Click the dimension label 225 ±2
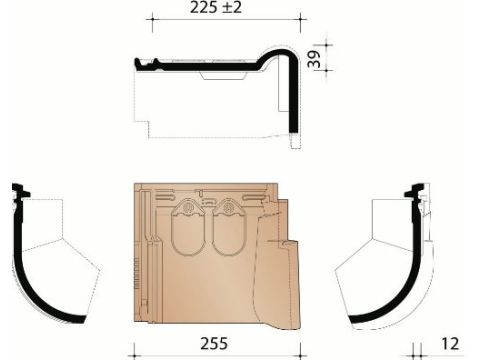click(216, 7)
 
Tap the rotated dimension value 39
click(314, 59)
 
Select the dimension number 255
click(214, 343)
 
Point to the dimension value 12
click(450, 344)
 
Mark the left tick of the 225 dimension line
click(152, 19)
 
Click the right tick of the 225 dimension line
click(301, 19)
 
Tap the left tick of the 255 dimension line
click(134, 353)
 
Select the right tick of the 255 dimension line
click(301, 353)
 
